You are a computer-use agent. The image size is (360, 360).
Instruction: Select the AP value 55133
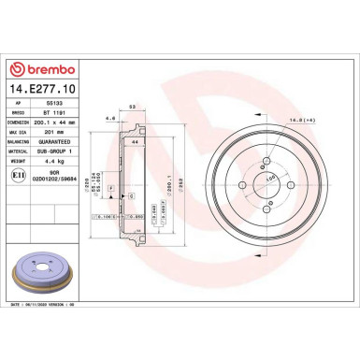[x=44, y=105]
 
